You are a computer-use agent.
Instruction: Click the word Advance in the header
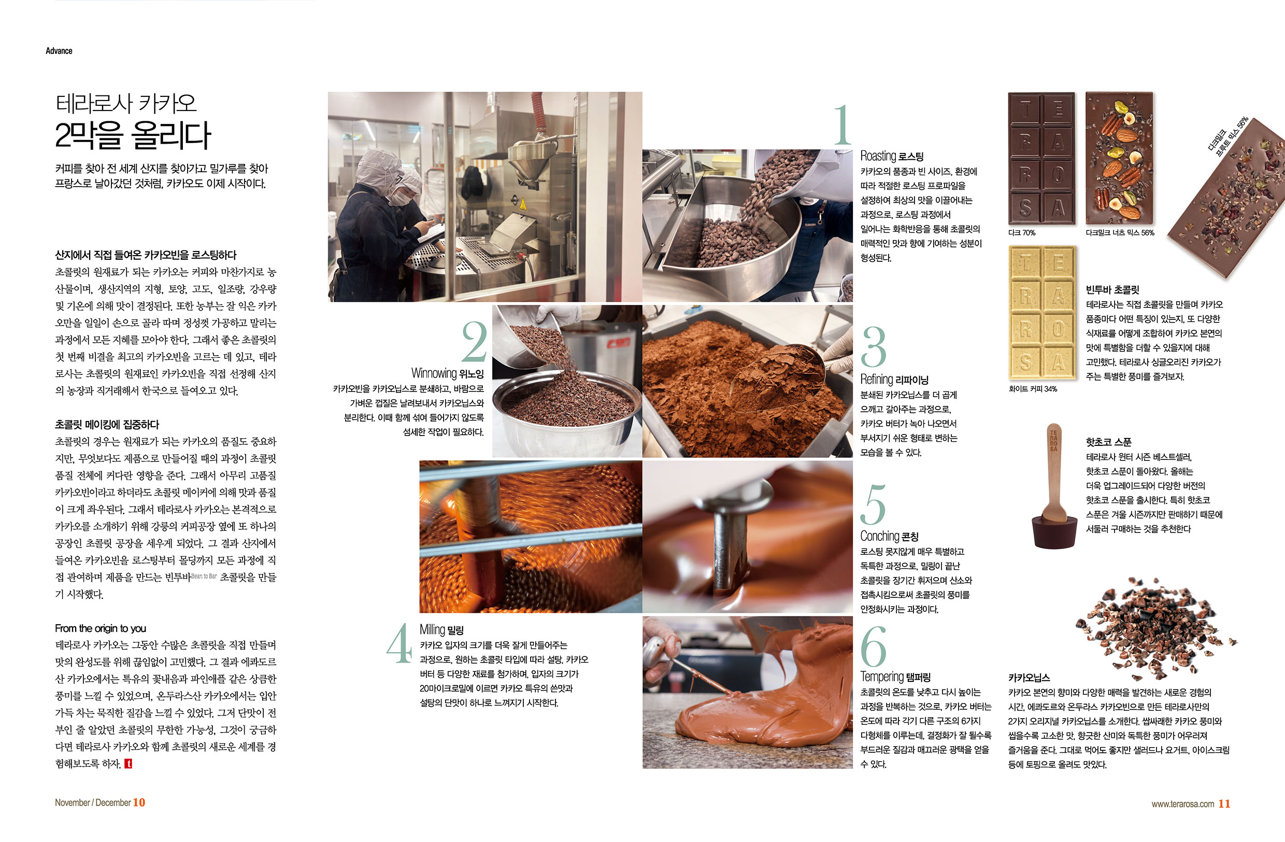[x=59, y=51]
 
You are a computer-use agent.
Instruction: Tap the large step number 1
[x=843, y=125]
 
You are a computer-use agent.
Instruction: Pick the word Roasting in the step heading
[x=878, y=156]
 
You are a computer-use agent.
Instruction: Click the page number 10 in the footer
[x=139, y=803]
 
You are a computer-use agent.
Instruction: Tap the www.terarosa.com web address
[x=1183, y=804]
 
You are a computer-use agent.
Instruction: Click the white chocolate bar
[x=1042, y=313]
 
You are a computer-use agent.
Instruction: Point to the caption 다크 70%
[x=1021, y=233]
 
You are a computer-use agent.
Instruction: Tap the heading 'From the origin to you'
[x=101, y=628]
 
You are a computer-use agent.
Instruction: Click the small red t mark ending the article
[x=128, y=764]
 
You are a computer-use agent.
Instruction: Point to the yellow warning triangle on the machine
[x=523, y=204]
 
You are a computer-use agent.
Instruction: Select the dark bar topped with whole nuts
[x=1119, y=158]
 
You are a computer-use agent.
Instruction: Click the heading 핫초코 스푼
[x=1108, y=442]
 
